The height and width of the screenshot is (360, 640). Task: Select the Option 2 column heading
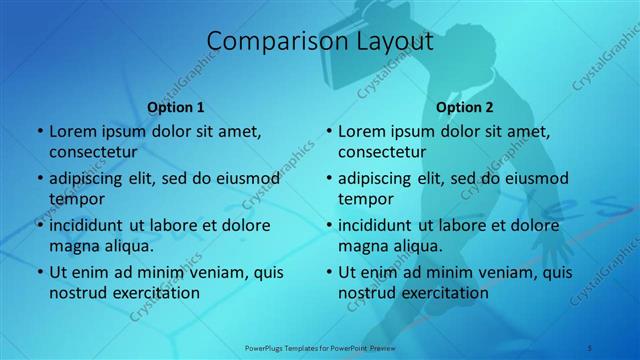click(465, 107)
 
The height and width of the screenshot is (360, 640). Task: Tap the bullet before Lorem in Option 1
click(39, 132)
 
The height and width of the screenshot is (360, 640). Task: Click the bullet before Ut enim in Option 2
click(328, 272)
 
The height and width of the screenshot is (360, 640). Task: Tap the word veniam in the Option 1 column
click(200, 272)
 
